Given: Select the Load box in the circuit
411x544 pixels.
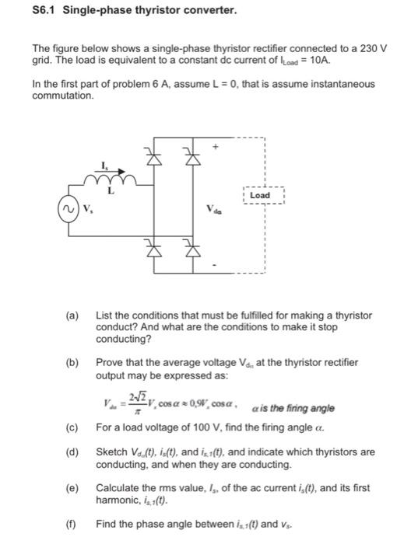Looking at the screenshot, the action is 260,195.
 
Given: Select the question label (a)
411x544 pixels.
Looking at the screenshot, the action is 72,316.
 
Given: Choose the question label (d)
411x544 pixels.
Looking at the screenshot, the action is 72,452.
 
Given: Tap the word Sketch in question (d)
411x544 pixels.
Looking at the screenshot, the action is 111,452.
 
